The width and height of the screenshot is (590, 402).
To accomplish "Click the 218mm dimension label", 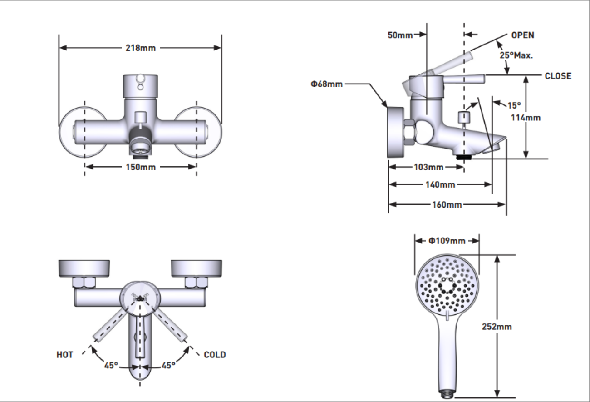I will pos(140,48).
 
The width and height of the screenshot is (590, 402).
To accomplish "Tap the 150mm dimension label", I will pos(140,167).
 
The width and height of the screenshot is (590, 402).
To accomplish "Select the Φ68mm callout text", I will pos(327,84).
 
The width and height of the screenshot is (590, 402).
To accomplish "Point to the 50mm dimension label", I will pos(400,35).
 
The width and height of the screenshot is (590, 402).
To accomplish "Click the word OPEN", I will pos(522,35).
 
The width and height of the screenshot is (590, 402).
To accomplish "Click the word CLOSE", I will pos(558,76).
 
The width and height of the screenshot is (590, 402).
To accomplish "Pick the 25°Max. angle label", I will pos(516,55).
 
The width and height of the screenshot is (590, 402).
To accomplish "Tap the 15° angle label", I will pos(514,105).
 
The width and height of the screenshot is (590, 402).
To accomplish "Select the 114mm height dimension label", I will pos(526,118).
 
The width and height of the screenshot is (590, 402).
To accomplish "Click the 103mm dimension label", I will pos(428,167).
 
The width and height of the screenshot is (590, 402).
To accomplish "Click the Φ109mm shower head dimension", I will pos(447,241).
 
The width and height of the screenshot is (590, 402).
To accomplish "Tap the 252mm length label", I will pos(497,327).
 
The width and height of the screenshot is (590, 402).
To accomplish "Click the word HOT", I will pos(65,355).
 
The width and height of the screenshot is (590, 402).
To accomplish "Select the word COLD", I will pos(215,355).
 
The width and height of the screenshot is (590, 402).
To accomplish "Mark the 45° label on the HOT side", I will pos(110,365).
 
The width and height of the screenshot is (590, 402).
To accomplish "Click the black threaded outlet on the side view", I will pos(463,157).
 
